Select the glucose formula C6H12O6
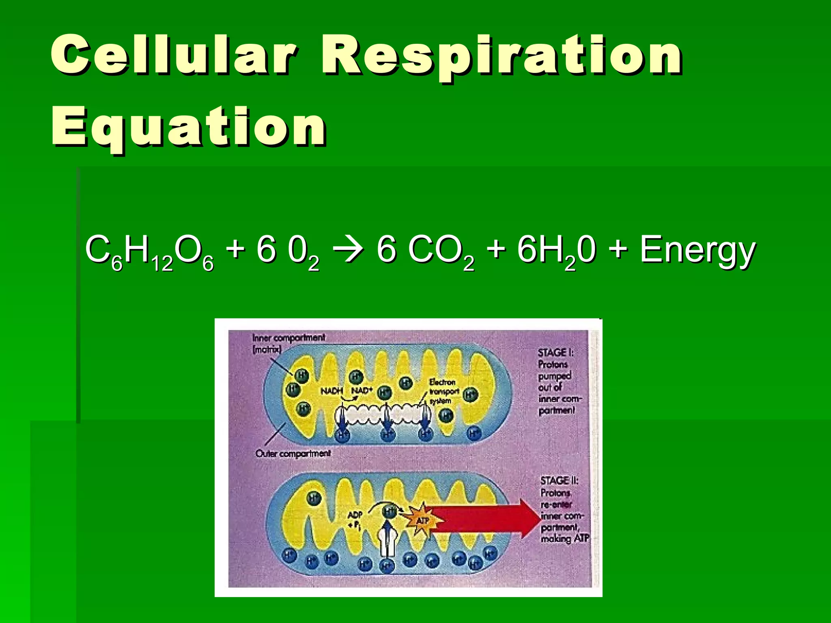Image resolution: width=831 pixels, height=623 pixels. pyautogui.click(x=149, y=251)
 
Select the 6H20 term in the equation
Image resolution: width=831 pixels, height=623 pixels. pyautogui.click(x=556, y=251)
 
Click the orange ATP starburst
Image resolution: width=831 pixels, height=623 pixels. pyautogui.click(x=422, y=520)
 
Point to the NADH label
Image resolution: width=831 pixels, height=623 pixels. pyautogui.click(x=332, y=391)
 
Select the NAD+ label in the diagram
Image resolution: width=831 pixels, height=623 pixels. pyautogui.click(x=362, y=391)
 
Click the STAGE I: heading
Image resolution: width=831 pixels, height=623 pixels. pyautogui.click(x=555, y=352)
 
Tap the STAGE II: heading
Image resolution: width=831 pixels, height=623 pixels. pyautogui.click(x=559, y=481)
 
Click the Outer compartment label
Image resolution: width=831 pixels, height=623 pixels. pyautogui.click(x=293, y=453)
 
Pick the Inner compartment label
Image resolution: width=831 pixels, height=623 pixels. pyautogui.click(x=288, y=337)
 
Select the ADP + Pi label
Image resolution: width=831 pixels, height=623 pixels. pyautogui.click(x=355, y=520)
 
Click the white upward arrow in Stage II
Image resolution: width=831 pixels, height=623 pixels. pyautogui.click(x=388, y=539)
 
